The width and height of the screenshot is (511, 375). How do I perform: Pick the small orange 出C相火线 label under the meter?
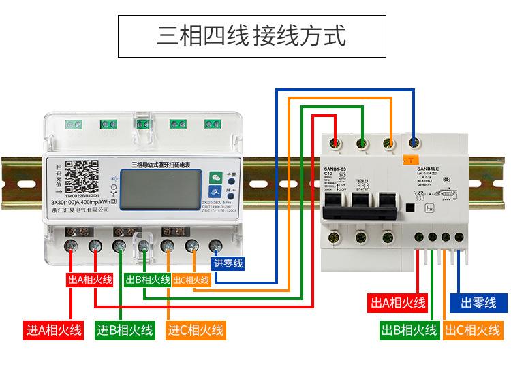tap(191, 280)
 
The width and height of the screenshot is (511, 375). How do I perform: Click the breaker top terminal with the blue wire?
tap(413, 143)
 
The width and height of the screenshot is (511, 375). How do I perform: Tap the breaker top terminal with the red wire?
tap(335, 143)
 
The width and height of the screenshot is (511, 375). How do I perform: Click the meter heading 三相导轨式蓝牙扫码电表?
tap(161, 164)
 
